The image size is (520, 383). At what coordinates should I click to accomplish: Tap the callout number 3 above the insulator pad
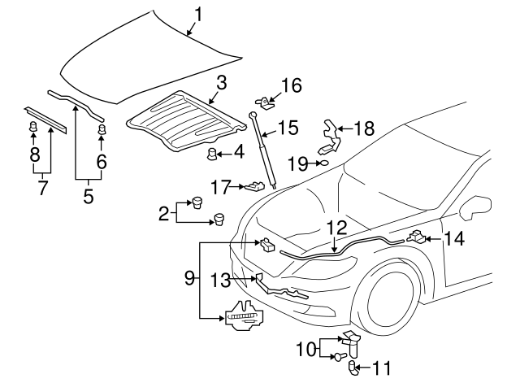[221, 81]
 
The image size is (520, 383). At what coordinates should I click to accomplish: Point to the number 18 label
[364, 128]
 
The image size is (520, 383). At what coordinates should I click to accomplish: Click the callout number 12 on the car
[336, 228]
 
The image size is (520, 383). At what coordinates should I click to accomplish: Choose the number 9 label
[189, 276]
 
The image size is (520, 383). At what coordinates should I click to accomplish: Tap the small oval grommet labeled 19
[323, 163]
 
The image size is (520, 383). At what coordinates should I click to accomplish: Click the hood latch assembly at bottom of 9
[245, 316]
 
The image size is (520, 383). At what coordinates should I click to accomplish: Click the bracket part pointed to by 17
[255, 188]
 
